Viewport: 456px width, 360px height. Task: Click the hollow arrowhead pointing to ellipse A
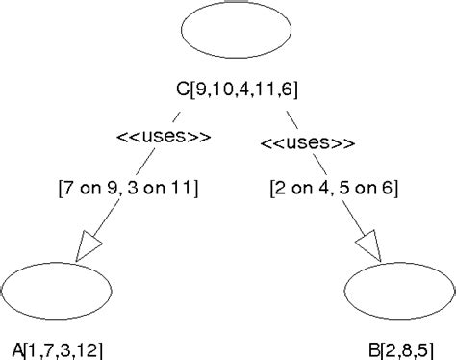[90, 245]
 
